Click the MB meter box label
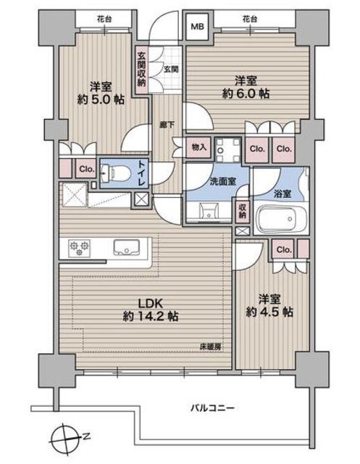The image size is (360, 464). click(x=197, y=27)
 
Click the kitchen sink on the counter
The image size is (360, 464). click(x=127, y=247)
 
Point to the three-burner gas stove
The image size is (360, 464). click(x=79, y=247)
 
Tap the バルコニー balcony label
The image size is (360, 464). click(x=212, y=408)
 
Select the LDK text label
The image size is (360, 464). click(x=151, y=303)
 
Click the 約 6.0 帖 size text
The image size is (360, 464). click(x=246, y=94)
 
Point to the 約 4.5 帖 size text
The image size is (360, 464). click(x=269, y=312)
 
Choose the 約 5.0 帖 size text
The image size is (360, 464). click(x=101, y=99)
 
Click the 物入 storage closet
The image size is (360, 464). click(x=199, y=147)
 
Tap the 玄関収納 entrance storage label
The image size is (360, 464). click(x=141, y=70)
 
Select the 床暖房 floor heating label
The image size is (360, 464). click(x=211, y=347)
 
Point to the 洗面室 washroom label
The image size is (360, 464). click(x=222, y=181)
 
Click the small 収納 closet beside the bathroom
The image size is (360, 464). click(x=243, y=212)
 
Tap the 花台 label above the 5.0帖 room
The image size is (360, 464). click(x=104, y=20)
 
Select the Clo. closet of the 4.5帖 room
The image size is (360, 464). click(x=285, y=249)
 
